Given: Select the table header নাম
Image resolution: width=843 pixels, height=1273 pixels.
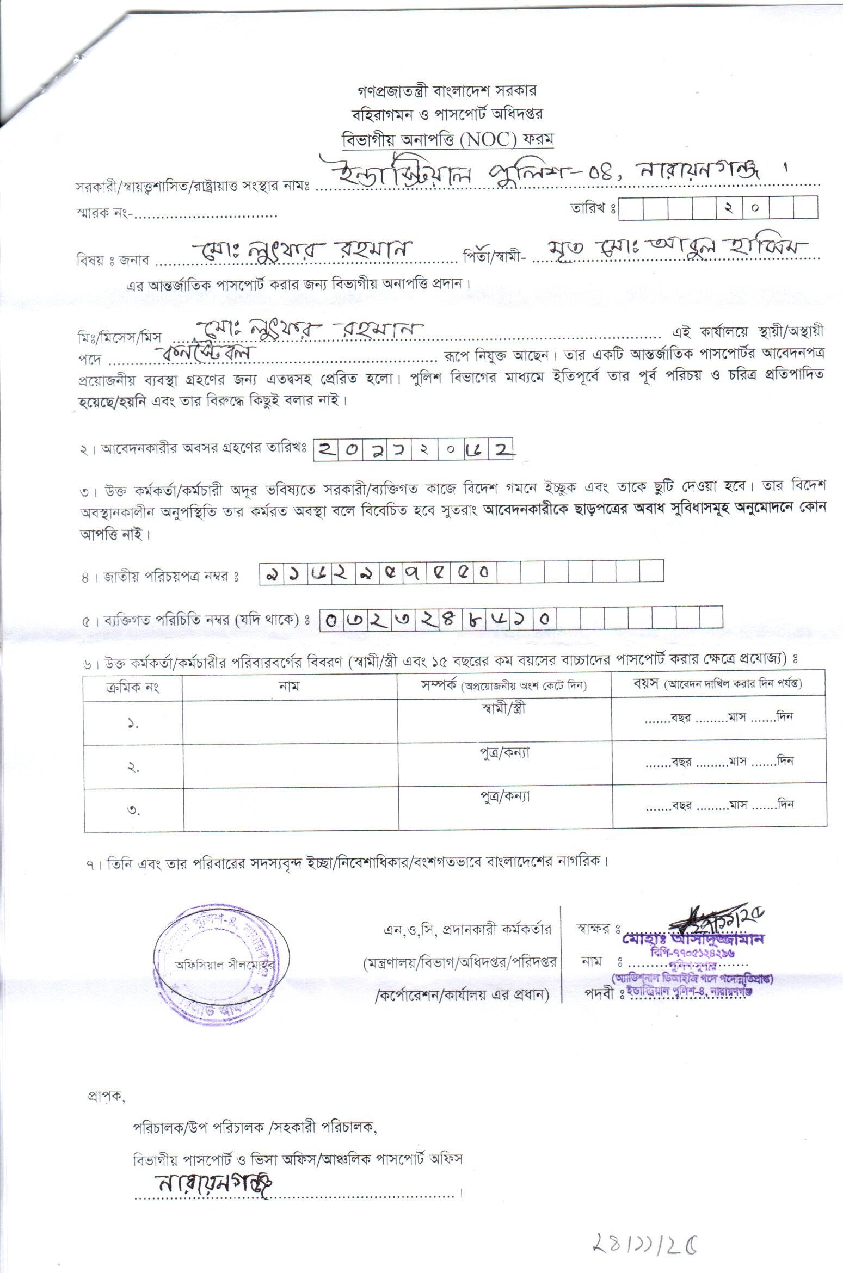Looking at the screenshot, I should pyautogui.click(x=289, y=686).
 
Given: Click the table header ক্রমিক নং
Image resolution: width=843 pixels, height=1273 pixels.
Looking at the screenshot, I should pyautogui.click(x=132, y=686).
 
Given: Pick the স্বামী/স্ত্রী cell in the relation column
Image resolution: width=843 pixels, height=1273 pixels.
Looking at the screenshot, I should pyautogui.click(x=504, y=709).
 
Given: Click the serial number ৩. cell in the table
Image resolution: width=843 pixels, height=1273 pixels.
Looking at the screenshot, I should pyautogui.click(x=133, y=811).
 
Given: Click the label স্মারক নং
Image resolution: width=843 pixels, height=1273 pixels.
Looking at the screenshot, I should pyautogui.click(x=103, y=213).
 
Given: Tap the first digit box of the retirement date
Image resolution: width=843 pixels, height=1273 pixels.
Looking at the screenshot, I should pyautogui.click(x=327, y=449).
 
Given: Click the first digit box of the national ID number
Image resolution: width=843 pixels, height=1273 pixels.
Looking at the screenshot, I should pyautogui.click(x=268, y=572).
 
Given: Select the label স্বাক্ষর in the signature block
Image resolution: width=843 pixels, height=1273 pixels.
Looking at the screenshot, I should pyautogui.click(x=596, y=928).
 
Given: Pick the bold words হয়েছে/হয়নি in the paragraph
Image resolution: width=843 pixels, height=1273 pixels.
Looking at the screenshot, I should pyautogui.click(x=112, y=401).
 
